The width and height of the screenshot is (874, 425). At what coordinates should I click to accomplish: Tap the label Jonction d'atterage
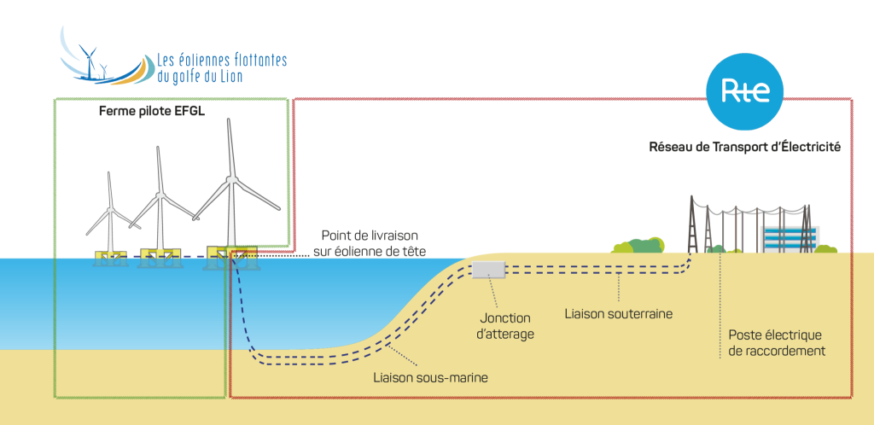(507, 325)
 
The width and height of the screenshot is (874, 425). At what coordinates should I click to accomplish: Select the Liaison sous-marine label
(431, 376)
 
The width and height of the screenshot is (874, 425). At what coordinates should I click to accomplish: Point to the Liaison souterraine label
(619, 313)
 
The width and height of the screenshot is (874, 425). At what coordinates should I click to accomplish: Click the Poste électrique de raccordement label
(776, 342)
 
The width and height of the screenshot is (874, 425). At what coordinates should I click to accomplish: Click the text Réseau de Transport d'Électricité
(745, 147)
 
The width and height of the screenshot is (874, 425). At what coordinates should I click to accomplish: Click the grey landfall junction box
(488, 270)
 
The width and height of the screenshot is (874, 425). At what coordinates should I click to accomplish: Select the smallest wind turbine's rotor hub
(110, 208)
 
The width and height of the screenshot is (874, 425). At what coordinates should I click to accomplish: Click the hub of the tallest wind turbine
(230, 179)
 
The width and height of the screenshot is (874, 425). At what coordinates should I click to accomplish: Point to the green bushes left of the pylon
(638, 246)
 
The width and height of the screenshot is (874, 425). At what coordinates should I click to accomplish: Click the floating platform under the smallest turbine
(112, 256)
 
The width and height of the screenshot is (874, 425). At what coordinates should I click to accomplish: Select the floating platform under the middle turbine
(160, 255)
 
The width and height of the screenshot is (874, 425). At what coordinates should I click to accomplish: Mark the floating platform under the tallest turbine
(230, 256)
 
